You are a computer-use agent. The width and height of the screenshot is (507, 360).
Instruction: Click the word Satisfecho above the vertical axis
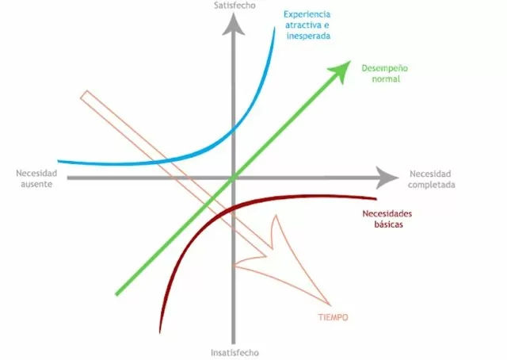click(234, 6)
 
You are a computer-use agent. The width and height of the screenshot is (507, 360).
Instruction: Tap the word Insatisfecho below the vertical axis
click(234, 353)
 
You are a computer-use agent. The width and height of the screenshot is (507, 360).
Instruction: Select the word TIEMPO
click(333, 317)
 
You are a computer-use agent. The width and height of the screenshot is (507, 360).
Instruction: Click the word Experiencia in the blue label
click(307, 14)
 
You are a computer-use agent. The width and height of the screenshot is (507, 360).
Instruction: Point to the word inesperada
click(308, 36)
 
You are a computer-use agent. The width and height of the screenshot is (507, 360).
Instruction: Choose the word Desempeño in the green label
click(385, 68)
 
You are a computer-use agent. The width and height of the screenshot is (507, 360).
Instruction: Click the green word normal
click(386, 79)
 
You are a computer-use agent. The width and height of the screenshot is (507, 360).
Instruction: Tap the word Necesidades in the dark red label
click(387, 213)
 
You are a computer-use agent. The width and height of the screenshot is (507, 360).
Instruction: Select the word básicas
click(389, 224)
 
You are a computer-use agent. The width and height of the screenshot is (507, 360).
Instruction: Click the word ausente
click(36, 184)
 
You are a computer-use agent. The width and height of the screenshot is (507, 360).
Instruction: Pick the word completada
click(431, 185)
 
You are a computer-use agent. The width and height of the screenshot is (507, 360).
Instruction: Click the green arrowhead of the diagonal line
click(341, 71)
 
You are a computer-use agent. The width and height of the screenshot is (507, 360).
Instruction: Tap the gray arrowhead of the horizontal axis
click(387, 178)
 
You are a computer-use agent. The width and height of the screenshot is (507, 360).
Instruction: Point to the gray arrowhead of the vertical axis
click(233, 25)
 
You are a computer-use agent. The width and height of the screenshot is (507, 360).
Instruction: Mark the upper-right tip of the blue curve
click(275, 29)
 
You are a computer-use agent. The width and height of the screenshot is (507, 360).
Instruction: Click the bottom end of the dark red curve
click(160, 331)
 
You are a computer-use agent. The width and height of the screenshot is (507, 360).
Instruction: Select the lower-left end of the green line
click(117, 293)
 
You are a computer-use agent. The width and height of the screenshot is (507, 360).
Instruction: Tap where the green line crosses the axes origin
click(234, 178)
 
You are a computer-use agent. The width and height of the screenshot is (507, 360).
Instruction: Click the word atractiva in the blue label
click(307, 25)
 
